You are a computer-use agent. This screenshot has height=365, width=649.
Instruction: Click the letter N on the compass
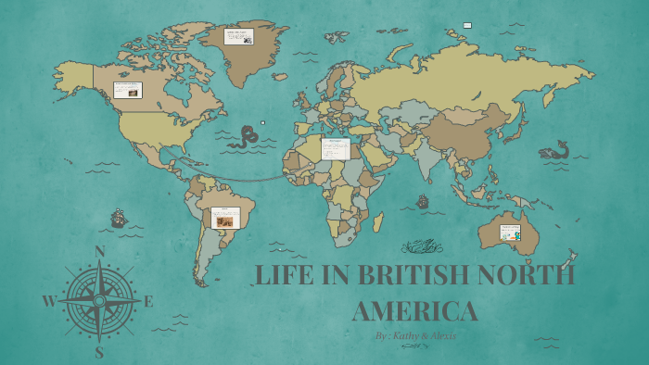100,251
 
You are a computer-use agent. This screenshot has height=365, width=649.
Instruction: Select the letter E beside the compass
148,301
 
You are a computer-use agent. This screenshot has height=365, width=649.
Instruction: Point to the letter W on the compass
49,301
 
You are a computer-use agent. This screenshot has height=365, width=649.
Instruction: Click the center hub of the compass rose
99,301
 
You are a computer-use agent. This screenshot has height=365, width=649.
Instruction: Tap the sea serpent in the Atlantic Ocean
244,138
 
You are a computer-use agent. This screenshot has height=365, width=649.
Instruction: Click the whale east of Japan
555,150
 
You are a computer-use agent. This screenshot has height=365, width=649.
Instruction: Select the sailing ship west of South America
119,219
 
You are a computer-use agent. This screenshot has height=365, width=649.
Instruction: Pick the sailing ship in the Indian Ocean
424,200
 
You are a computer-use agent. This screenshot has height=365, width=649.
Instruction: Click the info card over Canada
127,90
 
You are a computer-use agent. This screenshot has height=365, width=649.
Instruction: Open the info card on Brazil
224,218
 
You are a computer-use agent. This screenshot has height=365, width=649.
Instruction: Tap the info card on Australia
511,232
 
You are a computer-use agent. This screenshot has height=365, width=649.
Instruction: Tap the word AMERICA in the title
415,309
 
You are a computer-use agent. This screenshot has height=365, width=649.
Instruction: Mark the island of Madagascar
378,221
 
